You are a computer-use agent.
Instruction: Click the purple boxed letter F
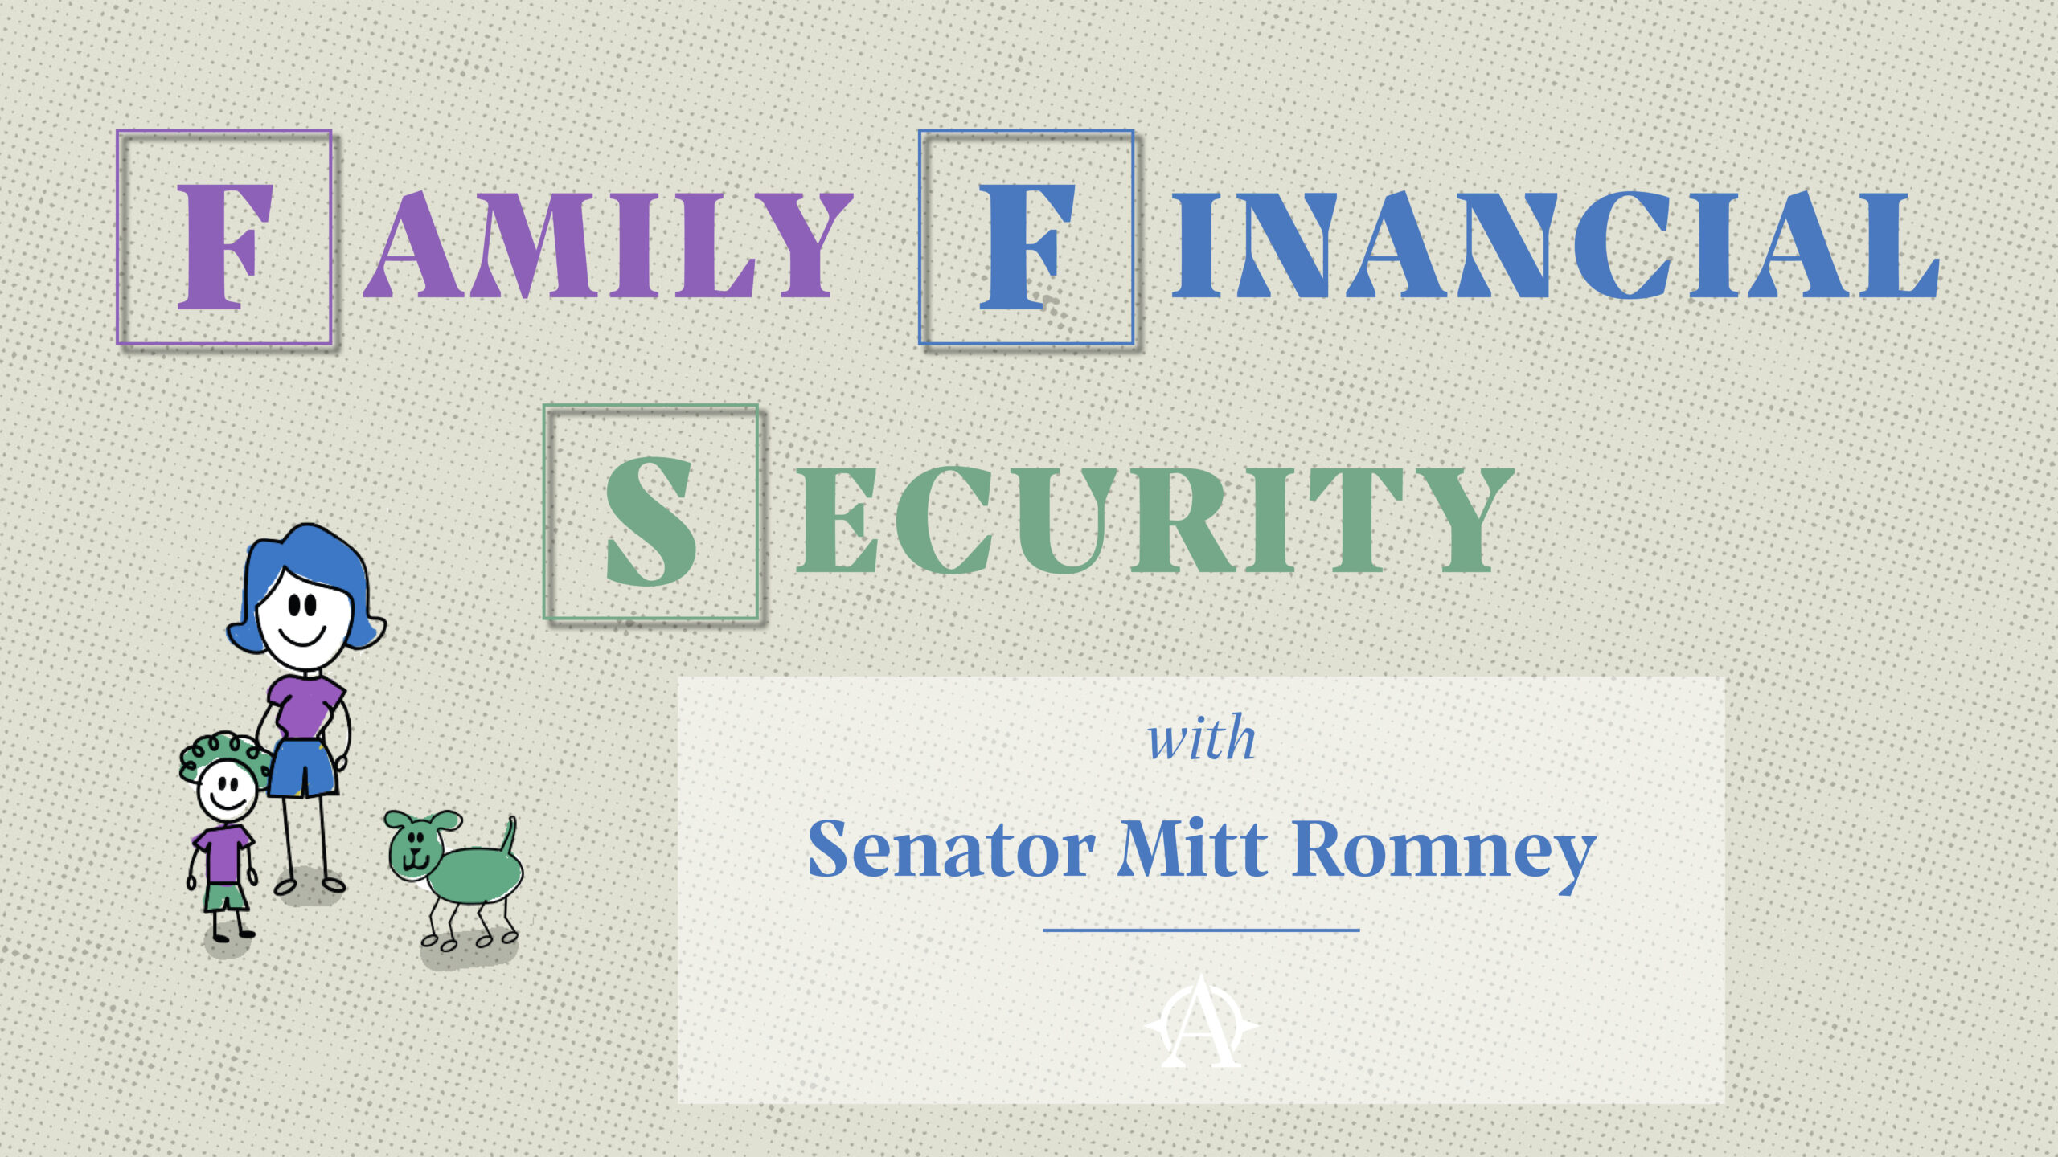click(x=223, y=246)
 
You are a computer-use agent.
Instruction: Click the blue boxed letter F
click(x=1026, y=246)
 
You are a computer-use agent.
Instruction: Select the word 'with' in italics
click(x=1201, y=738)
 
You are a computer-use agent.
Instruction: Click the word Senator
click(x=951, y=849)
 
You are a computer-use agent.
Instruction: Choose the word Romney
click(x=1444, y=857)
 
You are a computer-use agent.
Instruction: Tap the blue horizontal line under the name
click(x=1201, y=930)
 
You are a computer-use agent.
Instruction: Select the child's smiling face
click(x=228, y=791)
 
